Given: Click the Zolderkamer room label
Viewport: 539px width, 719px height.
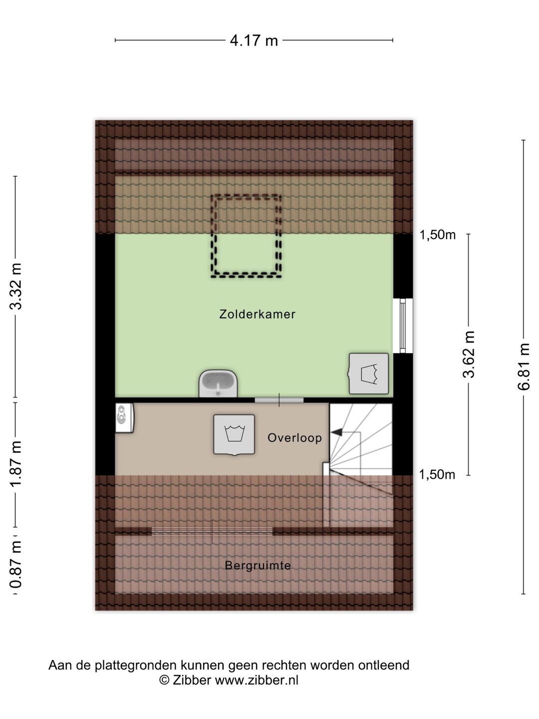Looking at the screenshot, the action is click(257, 314).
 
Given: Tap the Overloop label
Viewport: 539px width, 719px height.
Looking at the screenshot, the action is click(294, 437).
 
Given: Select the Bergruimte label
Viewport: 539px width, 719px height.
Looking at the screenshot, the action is click(258, 565).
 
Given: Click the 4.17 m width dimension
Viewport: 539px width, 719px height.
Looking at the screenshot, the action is click(254, 41).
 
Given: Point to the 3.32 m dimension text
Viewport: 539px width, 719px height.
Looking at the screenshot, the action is click(15, 286).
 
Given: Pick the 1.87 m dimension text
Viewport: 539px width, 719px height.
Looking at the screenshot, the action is click(15, 464).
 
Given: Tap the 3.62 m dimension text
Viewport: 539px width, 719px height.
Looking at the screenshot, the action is click(469, 354).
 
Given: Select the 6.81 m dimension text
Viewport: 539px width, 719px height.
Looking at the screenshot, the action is click(524, 367).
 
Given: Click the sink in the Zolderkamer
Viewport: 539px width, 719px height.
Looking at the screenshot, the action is click(218, 383).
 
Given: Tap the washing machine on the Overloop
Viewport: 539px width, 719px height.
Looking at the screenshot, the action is click(234, 435).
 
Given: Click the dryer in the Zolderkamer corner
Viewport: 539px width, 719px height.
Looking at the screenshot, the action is click(368, 373).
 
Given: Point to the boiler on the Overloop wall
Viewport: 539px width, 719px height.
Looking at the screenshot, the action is click(124, 417).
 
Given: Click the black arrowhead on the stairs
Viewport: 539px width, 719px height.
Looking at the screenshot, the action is click(336, 432).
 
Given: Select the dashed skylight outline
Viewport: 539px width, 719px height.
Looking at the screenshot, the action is click(212, 236).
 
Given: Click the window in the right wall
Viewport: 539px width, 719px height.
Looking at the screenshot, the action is click(403, 326).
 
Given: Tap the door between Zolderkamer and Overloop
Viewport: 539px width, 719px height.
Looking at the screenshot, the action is click(279, 400).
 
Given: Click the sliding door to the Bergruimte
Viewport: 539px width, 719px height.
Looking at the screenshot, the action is click(212, 531).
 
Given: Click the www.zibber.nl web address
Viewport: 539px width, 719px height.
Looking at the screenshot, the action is click(257, 681).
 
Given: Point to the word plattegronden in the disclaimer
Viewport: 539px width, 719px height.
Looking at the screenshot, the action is click(136, 665).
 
